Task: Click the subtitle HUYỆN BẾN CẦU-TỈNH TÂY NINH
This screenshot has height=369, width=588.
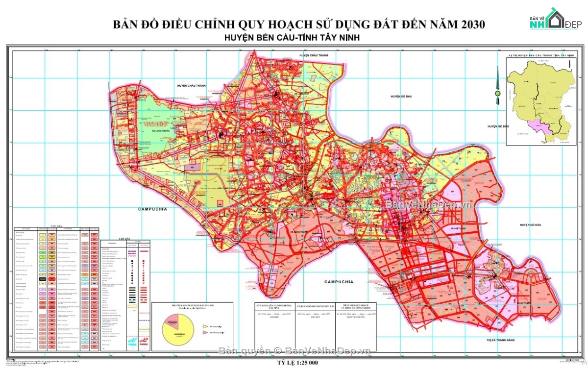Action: coord(296,38)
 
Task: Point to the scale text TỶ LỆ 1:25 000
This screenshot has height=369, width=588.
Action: coord(295,363)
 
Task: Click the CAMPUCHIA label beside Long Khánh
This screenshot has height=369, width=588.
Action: coord(152,209)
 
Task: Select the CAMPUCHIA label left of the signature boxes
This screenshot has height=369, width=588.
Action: coord(339,282)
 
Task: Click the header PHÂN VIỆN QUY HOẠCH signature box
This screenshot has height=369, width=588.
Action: coord(356,307)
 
